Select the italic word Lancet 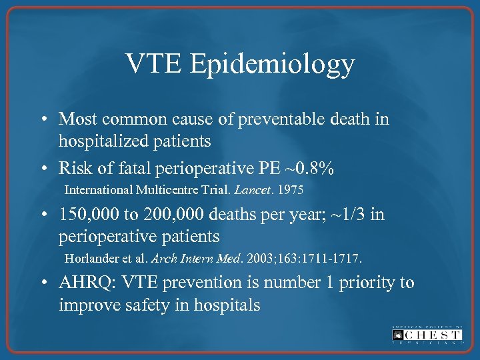click(249, 190)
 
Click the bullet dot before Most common click(43, 119)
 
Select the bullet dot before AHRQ click(43, 283)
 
